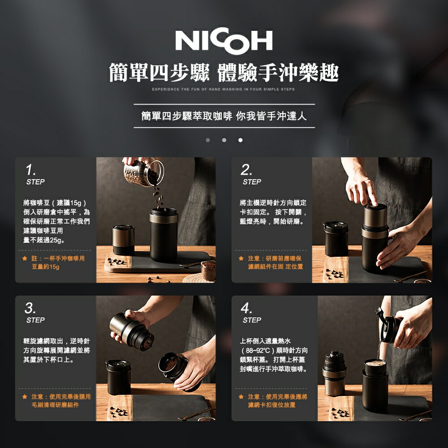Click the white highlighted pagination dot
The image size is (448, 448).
pos(240,140)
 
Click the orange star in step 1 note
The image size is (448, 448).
pos(25,259)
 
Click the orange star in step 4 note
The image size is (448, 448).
pos(241,397)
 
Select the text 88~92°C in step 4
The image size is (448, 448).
pos(258,350)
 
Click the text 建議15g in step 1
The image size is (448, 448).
pos(68,203)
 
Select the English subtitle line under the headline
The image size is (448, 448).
pos(223,90)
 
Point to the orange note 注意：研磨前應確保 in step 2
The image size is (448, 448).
pos(274,258)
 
